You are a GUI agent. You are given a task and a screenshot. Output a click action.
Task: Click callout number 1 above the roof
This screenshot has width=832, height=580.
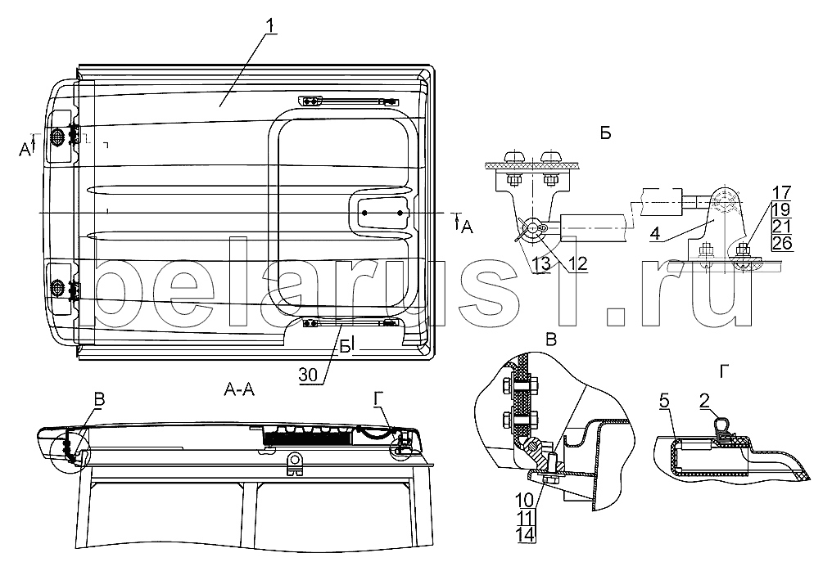pos(270,25)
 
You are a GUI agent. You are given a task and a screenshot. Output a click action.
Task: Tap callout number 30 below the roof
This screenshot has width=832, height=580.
pos(308,375)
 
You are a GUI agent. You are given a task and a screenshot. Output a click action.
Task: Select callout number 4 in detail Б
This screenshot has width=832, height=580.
pos(656,233)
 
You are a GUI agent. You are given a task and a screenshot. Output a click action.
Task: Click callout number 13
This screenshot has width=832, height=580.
pos(542,263)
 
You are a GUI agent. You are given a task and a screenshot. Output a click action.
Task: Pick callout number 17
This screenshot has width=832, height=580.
pos(782,192)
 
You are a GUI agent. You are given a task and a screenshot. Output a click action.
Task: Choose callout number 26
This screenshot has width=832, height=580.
pos(782,243)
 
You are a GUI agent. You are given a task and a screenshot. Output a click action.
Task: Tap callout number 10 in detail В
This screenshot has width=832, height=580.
pos(524,500)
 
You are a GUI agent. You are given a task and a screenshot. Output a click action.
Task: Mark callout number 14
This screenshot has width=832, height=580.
pos(524,534)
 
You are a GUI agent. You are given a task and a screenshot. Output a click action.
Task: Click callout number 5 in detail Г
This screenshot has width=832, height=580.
pos(664,402)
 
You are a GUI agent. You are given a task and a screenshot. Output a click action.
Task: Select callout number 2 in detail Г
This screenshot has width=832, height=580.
pos(704,402)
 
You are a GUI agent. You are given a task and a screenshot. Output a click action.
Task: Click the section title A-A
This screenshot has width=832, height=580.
pos(239,390)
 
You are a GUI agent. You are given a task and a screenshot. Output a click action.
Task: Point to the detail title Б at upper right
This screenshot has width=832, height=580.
pos(605,133)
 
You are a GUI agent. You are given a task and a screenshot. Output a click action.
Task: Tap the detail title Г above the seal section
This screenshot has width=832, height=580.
pos(724,373)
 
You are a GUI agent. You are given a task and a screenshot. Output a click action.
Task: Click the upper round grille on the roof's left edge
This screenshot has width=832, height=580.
pos(57,137)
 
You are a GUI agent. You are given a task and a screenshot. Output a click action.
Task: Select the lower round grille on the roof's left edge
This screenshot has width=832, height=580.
pos(57,289)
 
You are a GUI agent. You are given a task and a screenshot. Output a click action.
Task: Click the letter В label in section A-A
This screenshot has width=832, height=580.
pos(99,400)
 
